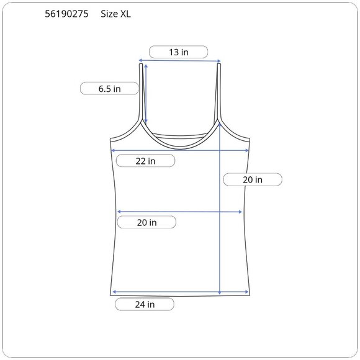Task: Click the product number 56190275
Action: (66, 14)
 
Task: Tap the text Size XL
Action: (115, 14)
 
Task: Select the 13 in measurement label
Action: (179, 52)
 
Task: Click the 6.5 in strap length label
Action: (109, 89)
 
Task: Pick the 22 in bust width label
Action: (145, 161)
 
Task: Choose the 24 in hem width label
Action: (145, 304)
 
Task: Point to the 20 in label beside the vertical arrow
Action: (253, 179)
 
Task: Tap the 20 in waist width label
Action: (146, 222)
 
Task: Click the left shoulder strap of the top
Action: (141, 92)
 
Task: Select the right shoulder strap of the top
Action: (219, 92)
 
